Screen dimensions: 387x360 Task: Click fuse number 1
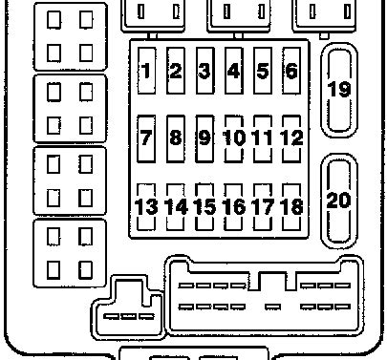click(x=146, y=71)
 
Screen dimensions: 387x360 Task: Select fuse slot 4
click(x=234, y=71)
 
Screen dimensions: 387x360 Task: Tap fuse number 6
click(x=291, y=71)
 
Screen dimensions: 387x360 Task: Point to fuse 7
click(x=146, y=138)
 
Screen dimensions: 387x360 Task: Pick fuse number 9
click(x=204, y=138)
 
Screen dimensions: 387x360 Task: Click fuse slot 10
click(x=234, y=138)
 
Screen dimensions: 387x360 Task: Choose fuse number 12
click(x=291, y=138)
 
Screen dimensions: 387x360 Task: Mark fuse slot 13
click(x=146, y=207)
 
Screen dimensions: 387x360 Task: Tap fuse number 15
click(x=204, y=207)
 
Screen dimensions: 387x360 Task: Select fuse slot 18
click(x=291, y=207)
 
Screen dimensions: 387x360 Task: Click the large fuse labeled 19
click(x=339, y=90)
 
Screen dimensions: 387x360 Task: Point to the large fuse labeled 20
click(x=339, y=201)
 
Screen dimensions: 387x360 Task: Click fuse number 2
click(x=176, y=71)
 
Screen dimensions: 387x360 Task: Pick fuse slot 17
click(x=263, y=207)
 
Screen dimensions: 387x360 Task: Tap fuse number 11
click(x=263, y=138)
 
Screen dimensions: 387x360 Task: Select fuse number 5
click(x=263, y=71)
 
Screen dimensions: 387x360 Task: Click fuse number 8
click(x=176, y=138)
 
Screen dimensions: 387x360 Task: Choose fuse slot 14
click(x=176, y=207)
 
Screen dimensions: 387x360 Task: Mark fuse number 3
click(x=204, y=71)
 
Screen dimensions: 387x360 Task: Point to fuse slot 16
click(x=234, y=207)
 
